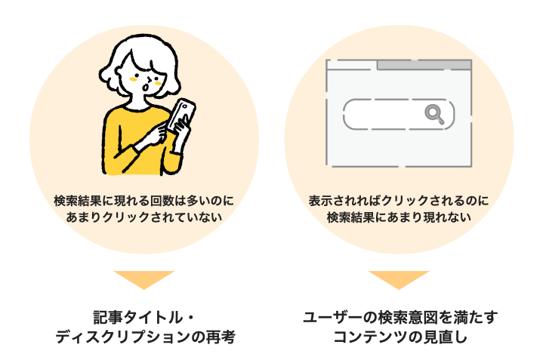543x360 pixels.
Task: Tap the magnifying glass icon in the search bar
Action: pos(434,114)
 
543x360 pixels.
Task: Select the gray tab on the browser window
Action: pos(424,65)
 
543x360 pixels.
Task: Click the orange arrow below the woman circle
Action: pos(143,278)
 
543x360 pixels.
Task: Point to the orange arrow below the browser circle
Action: pos(399,278)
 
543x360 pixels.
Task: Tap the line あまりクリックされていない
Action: pos(143,217)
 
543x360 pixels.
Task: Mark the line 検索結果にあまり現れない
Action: pos(399,217)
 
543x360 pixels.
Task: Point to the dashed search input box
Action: pos(399,114)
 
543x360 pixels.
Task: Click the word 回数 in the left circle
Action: pos(162,201)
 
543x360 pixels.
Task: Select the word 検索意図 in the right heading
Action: pos(408,318)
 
